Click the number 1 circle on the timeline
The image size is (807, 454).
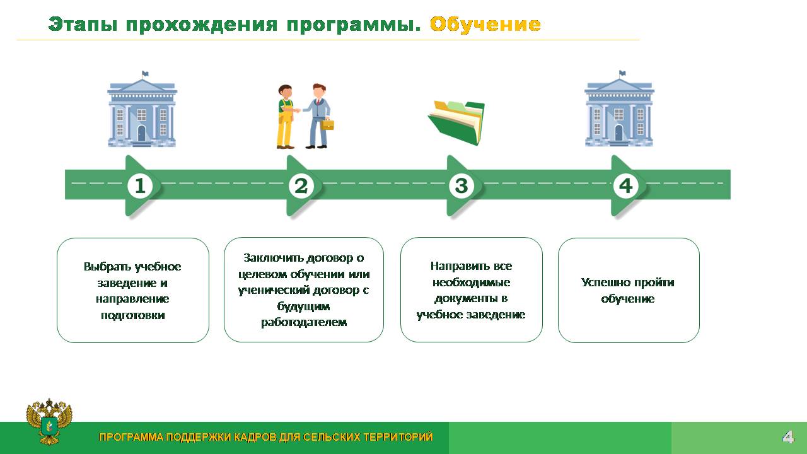(x=140, y=186)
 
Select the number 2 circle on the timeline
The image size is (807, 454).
(x=301, y=186)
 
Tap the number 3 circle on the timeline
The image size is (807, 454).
(x=462, y=186)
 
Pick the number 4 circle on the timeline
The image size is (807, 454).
(x=626, y=186)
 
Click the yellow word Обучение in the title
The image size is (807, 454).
(x=485, y=25)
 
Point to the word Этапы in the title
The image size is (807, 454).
(x=83, y=25)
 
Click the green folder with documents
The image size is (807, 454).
(x=456, y=122)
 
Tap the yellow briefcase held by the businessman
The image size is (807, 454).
(x=327, y=124)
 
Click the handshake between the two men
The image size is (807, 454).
(x=297, y=110)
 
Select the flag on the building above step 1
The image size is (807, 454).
(x=145, y=74)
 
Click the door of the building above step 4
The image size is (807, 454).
(x=618, y=133)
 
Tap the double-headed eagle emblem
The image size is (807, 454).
(x=49, y=422)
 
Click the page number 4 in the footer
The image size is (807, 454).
(x=788, y=437)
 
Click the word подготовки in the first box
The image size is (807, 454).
(x=133, y=315)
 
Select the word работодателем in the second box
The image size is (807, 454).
(x=304, y=322)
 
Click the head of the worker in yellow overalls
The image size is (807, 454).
(x=286, y=92)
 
